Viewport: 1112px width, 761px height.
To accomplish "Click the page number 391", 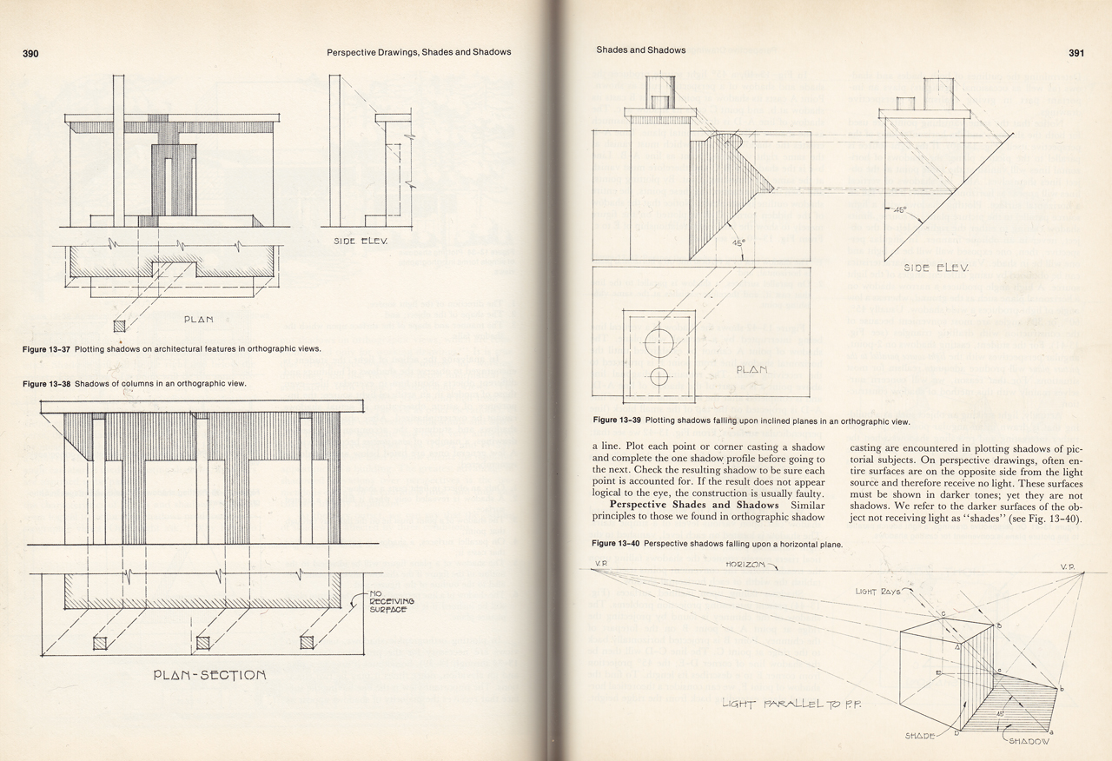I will [x=1076, y=52].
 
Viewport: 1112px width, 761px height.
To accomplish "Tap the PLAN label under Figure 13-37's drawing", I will [x=198, y=320].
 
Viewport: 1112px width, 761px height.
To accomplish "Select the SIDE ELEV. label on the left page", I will [x=359, y=241].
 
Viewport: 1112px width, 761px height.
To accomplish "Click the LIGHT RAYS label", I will [x=879, y=591].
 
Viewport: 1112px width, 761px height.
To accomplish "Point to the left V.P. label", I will [x=600, y=565].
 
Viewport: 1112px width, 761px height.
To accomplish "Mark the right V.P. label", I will [x=1068, y=566].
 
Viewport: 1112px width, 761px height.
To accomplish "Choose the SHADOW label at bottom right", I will [x=1029, y=742].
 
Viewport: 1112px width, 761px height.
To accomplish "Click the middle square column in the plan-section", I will [x=204, y=642].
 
